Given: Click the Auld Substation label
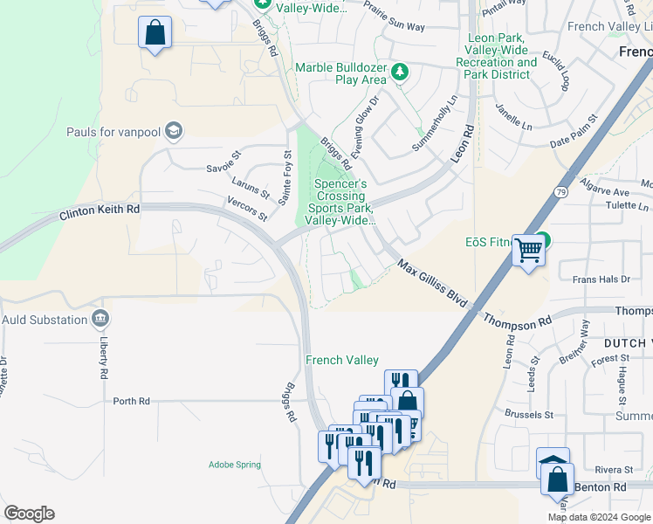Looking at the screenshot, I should click(x=45, y=320).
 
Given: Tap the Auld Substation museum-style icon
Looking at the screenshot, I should click(x=101, y=318).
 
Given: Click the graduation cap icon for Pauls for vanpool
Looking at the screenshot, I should click(x=173, y=131).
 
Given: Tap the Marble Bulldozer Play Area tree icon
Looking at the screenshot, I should click(x=400, y=72).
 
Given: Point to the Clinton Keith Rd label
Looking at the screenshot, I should click(x=100, y=212).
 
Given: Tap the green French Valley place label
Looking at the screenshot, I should click(x=341, y=360).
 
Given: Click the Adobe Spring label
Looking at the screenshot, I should click(x=234, y=465).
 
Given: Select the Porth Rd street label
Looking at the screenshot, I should click(x=131, y=401).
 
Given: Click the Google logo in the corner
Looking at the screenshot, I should click(x=29, y=514).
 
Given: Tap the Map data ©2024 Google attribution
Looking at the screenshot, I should click(x=598, y=517).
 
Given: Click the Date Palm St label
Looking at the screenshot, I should click(x=574, y=131).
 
